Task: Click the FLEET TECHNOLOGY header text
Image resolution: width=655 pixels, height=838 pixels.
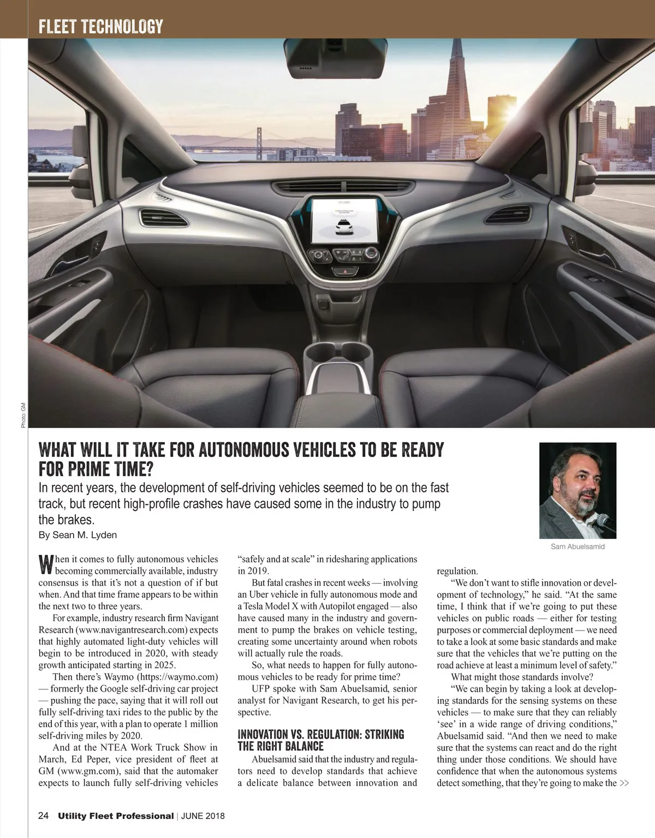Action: [101, 26]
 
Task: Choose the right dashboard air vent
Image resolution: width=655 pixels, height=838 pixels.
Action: [508, 214]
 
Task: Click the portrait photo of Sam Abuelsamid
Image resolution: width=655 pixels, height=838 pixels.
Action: [577, 490]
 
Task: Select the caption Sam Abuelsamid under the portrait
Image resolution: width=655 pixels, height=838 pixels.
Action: [577, 546]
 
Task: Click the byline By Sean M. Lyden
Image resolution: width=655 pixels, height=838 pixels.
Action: [78, 535]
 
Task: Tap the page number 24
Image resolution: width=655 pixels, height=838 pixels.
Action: [44, 816]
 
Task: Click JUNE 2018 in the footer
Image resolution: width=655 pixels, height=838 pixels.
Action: [203, 816]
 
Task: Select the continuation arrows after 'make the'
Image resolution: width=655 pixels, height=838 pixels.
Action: [624, 783]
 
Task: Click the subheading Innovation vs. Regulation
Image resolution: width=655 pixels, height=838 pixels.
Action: [320, 740]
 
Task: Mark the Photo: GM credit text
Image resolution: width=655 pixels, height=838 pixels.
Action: [23, 415]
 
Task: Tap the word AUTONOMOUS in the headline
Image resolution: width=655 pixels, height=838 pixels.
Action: [244, 450]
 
